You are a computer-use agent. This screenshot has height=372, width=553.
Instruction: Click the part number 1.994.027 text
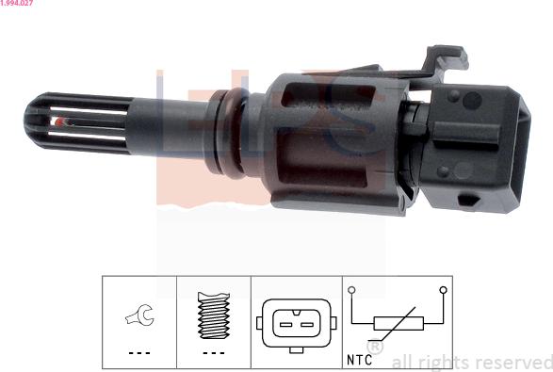[17, 3]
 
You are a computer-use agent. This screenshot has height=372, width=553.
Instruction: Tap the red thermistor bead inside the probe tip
[60, 122]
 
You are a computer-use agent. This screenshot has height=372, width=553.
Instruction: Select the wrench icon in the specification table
[139, 315]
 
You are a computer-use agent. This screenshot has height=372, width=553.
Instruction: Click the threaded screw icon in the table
[214, 315]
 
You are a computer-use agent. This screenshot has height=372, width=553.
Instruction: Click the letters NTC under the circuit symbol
[359, 360]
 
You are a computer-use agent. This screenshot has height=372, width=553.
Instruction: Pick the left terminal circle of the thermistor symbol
[351, 290]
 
